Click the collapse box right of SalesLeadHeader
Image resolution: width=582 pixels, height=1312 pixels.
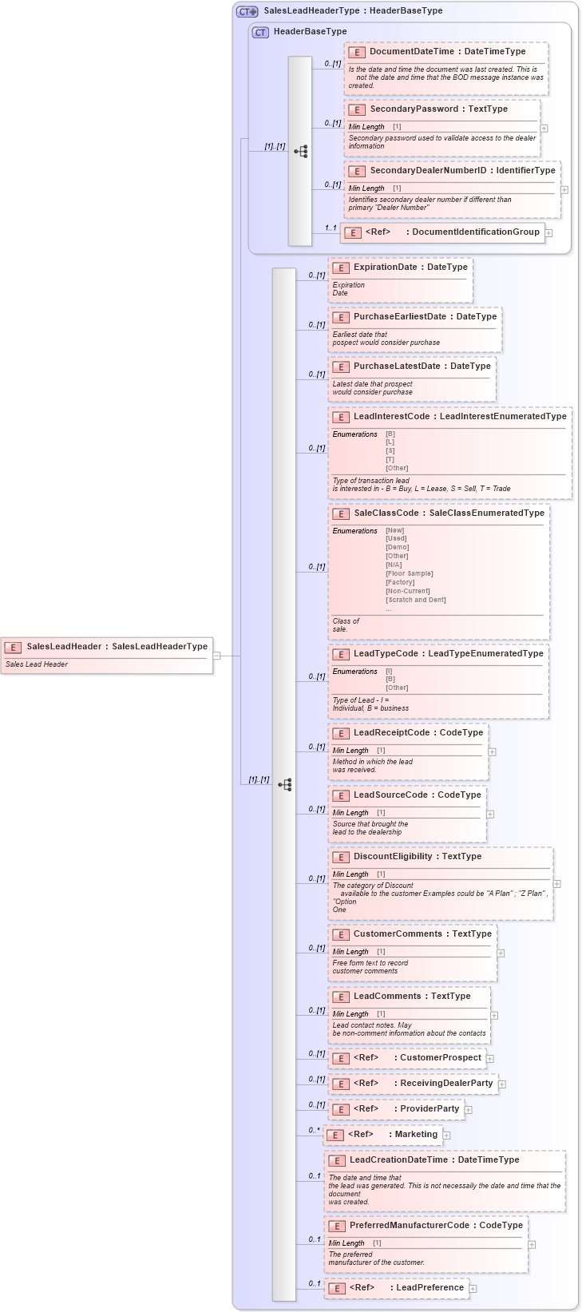click(x=216, y=656)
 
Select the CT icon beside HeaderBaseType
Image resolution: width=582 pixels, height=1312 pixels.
click(x=260, y=32)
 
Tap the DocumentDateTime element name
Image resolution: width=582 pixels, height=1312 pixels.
click(x=411, y=52)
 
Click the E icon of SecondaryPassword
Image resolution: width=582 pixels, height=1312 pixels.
click(x=356, y=109)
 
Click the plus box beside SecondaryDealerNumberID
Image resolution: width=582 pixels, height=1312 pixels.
click(x=564, y=190)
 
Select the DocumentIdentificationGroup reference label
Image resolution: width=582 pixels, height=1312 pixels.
click(x=476, y=232)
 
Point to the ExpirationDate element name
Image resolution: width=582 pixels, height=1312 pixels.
click(x=385, y=268)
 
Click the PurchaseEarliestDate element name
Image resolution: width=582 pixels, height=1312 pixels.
click(x=399, y=317)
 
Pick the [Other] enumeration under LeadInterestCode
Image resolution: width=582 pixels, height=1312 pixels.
click(x=397, y=469)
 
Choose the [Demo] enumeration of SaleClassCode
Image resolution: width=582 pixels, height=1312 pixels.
click(x=397, y=548)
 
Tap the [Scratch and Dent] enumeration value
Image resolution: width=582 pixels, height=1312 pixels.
click(x=415, y=600)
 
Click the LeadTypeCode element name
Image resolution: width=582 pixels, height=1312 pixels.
click(x=386, y=654)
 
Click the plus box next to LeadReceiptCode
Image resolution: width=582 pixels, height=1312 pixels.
click(x=492, y=751)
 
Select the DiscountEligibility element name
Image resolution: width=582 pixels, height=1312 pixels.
click(x=392, y=857)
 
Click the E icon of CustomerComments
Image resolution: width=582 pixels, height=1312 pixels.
click(x=340, y=934)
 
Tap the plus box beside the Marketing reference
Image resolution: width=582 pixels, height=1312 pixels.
click(x=447, y=1136)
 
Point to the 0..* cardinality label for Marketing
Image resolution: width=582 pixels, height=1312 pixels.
click(x=315, y=1131)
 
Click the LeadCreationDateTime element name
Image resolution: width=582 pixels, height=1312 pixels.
click(x=398, y=1160)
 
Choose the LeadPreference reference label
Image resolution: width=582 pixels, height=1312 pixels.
click(x=430, y=1288)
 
